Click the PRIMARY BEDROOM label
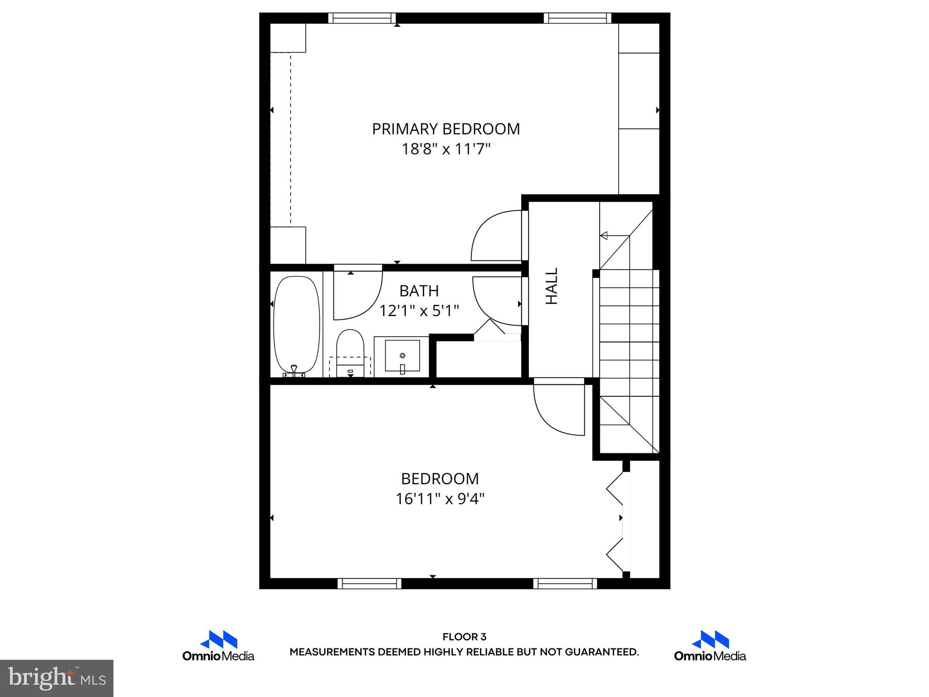(445, 129)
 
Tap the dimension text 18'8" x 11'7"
(446, 149)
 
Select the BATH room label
(419, 290)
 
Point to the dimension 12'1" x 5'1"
(419, 311)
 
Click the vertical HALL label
(551, 286)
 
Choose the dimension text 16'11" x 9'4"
(440, 499)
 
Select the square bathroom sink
(402, 356)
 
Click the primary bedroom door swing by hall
(497, 236)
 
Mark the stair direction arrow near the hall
(604, 236)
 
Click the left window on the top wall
(362, 18)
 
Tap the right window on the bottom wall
(565, 584)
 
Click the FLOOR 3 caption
(464, 637)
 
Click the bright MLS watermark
(57, 678)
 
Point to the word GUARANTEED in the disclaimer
(601, 652)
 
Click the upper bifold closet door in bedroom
(616, 489)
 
